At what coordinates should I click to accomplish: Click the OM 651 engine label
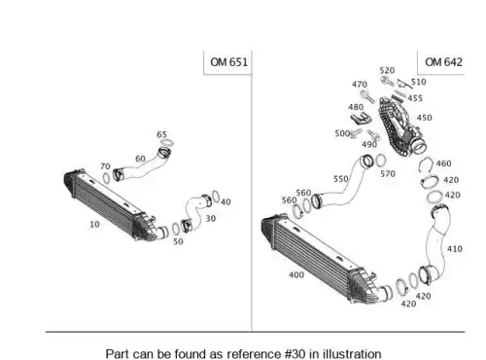click(x=228, y=62)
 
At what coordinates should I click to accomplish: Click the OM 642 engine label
click(x=443, y=62)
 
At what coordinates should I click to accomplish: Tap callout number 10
click(x=94, y=224)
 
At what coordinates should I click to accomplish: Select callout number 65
click(x=161, y=134)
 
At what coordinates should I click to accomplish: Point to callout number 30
click(x=211, y=219)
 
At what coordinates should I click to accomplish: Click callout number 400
click(x=296, y=275)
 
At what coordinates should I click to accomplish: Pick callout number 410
click(x=455, y=249)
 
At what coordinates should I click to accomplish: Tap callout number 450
click(x=424, y=118)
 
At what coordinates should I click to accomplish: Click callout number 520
click(x=387, y=70)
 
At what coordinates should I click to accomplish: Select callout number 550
click(x=341, y=179)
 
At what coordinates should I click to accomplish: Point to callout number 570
click(x=388, y=174)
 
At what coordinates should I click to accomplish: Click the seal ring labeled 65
click(x=167, y=143)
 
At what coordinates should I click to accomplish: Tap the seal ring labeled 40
click(x=216, y=197)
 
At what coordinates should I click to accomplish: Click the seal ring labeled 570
click(x=381, y=161)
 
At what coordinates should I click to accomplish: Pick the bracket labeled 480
click(x=361, y=119)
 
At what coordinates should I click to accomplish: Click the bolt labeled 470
click(x=367, y=96)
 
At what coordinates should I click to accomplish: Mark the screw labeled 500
click(x=356, y=133)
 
